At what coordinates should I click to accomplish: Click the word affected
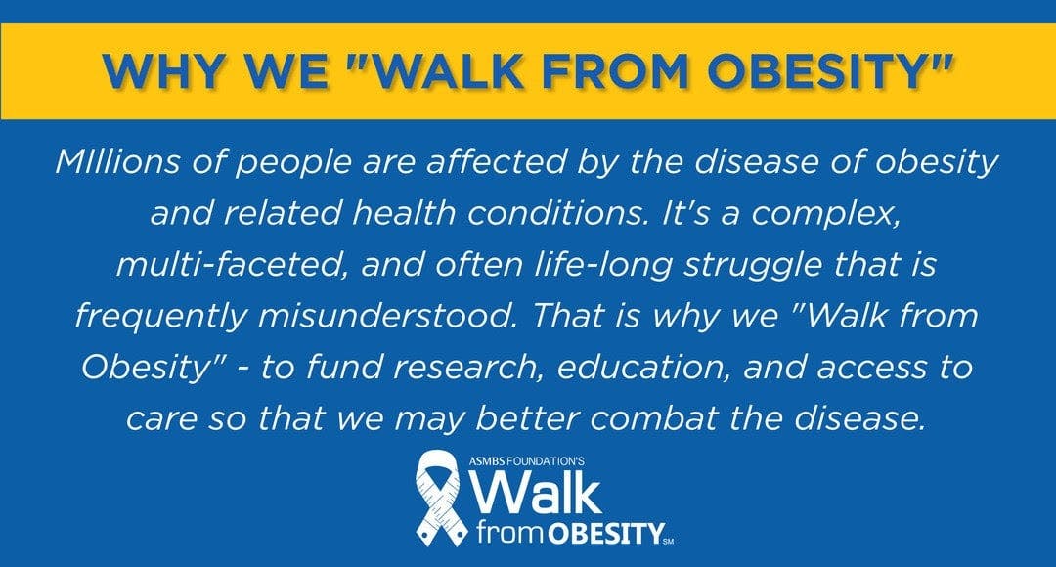(x=497, y=161)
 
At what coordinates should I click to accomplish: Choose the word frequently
(x=161, y=317)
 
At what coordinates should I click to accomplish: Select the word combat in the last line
(x=653, y=418)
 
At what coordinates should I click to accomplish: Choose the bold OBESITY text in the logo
(x=605, y=534)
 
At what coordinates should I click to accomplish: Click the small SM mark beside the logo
(x=669, y=541)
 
